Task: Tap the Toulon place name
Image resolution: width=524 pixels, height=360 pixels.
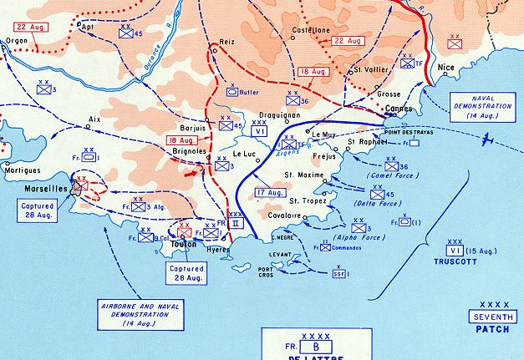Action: (186, 245)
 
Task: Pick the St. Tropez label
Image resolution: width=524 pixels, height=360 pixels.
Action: (307, 201)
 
